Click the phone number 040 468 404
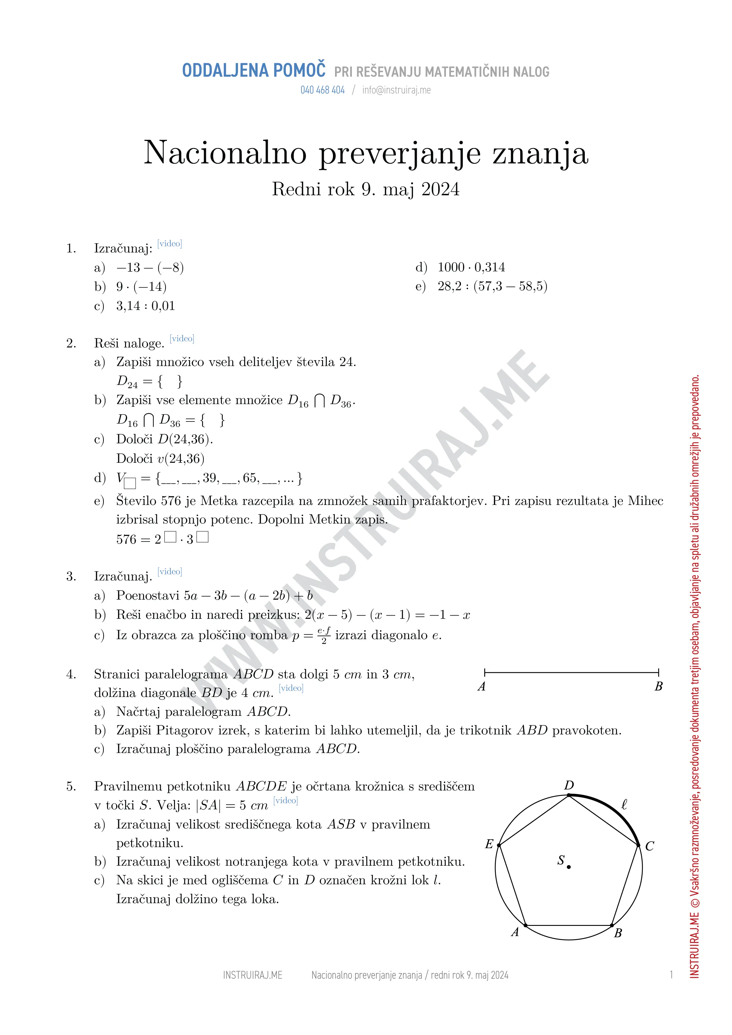[322, 90]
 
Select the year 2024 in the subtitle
[440, 189]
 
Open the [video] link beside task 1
[170, 244]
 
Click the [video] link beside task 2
[182, 339]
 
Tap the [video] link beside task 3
[170, 572]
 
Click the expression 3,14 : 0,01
[145, 306]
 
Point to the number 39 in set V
[210, 478]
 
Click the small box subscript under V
[130, 483]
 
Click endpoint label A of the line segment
[481, 687]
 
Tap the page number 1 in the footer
[671, 975]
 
